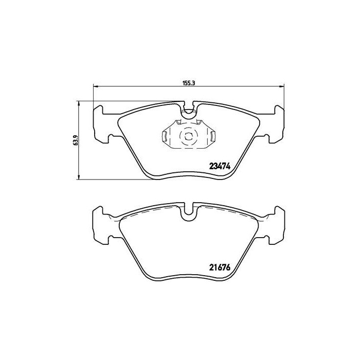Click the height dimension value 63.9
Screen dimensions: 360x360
pyautogui.click(x=75, y=139)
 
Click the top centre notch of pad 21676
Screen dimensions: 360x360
pyautogui.click(x=189, y=210)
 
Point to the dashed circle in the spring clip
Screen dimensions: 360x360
pyautogui.click(x=188, y=136)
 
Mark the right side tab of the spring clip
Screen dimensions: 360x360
pyautogui.click(x=212, y=136)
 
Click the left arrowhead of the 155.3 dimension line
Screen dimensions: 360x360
pyautogui.click(x=95, y=86)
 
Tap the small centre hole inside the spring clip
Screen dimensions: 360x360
pyautogui.click(x=188, y=136)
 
